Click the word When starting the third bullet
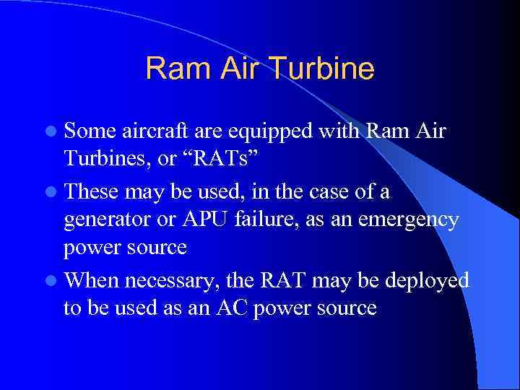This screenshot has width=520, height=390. coord(93,279)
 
